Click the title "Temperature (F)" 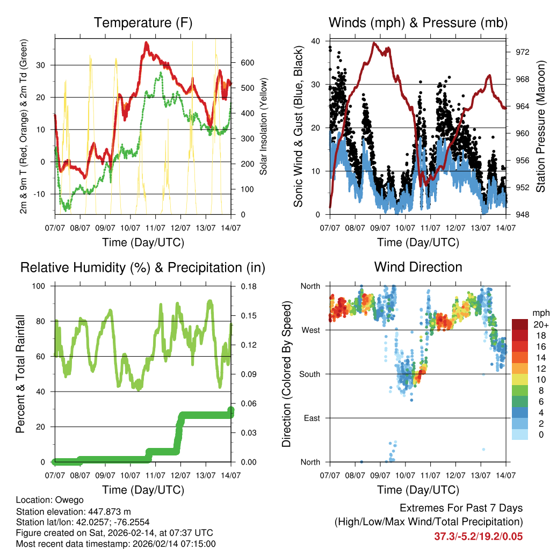pos(143,23)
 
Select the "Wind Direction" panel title pos(418,266)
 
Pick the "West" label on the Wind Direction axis pos(312,330)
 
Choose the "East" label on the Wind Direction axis pos(313,418)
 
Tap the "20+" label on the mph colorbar pos(540,324)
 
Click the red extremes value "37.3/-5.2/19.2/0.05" pos(478,537)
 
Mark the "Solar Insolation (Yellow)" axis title pos(263,127)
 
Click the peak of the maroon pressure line pos(374,43)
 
